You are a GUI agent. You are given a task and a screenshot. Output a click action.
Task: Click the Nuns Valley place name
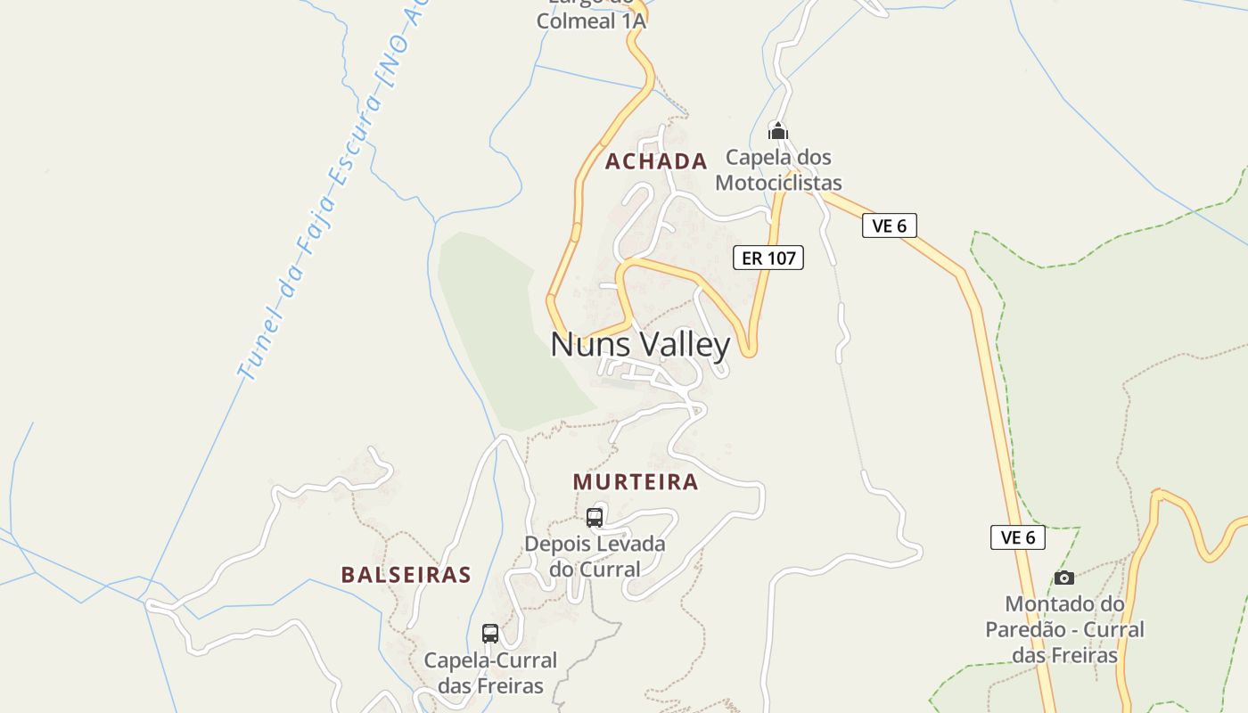tap(640, 345)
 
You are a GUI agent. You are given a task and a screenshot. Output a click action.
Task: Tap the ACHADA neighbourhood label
tap(656, 161)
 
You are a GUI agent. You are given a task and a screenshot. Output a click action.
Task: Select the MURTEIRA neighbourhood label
tap(636, 482)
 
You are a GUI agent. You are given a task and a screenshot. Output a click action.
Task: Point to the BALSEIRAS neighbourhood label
tap(406, 574)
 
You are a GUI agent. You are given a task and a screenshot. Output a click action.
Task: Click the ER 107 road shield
tap(768, 258)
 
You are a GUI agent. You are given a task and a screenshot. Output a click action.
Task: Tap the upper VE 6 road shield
tap(889, 225)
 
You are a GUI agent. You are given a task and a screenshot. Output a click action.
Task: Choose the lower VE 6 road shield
tap(1017, 537)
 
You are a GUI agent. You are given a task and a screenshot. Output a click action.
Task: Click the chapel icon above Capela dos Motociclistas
tap(778, 132)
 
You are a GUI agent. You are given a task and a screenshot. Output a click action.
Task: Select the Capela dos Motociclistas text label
tap(778, 170)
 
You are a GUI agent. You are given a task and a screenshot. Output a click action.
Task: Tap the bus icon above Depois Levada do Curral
tap(595, 517)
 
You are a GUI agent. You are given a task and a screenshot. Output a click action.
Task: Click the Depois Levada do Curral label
tap(595, 556)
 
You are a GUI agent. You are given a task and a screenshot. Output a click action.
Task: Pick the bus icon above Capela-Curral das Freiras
tap(490, 634)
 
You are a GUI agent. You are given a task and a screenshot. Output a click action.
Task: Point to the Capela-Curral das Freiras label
tap(490, 673)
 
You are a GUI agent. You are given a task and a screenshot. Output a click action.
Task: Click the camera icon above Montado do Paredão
tap(1064, 578)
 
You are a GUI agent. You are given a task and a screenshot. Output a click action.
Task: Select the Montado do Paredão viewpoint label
tap(1064, 629)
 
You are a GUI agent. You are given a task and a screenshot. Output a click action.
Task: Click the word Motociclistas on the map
tap(778, 184)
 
